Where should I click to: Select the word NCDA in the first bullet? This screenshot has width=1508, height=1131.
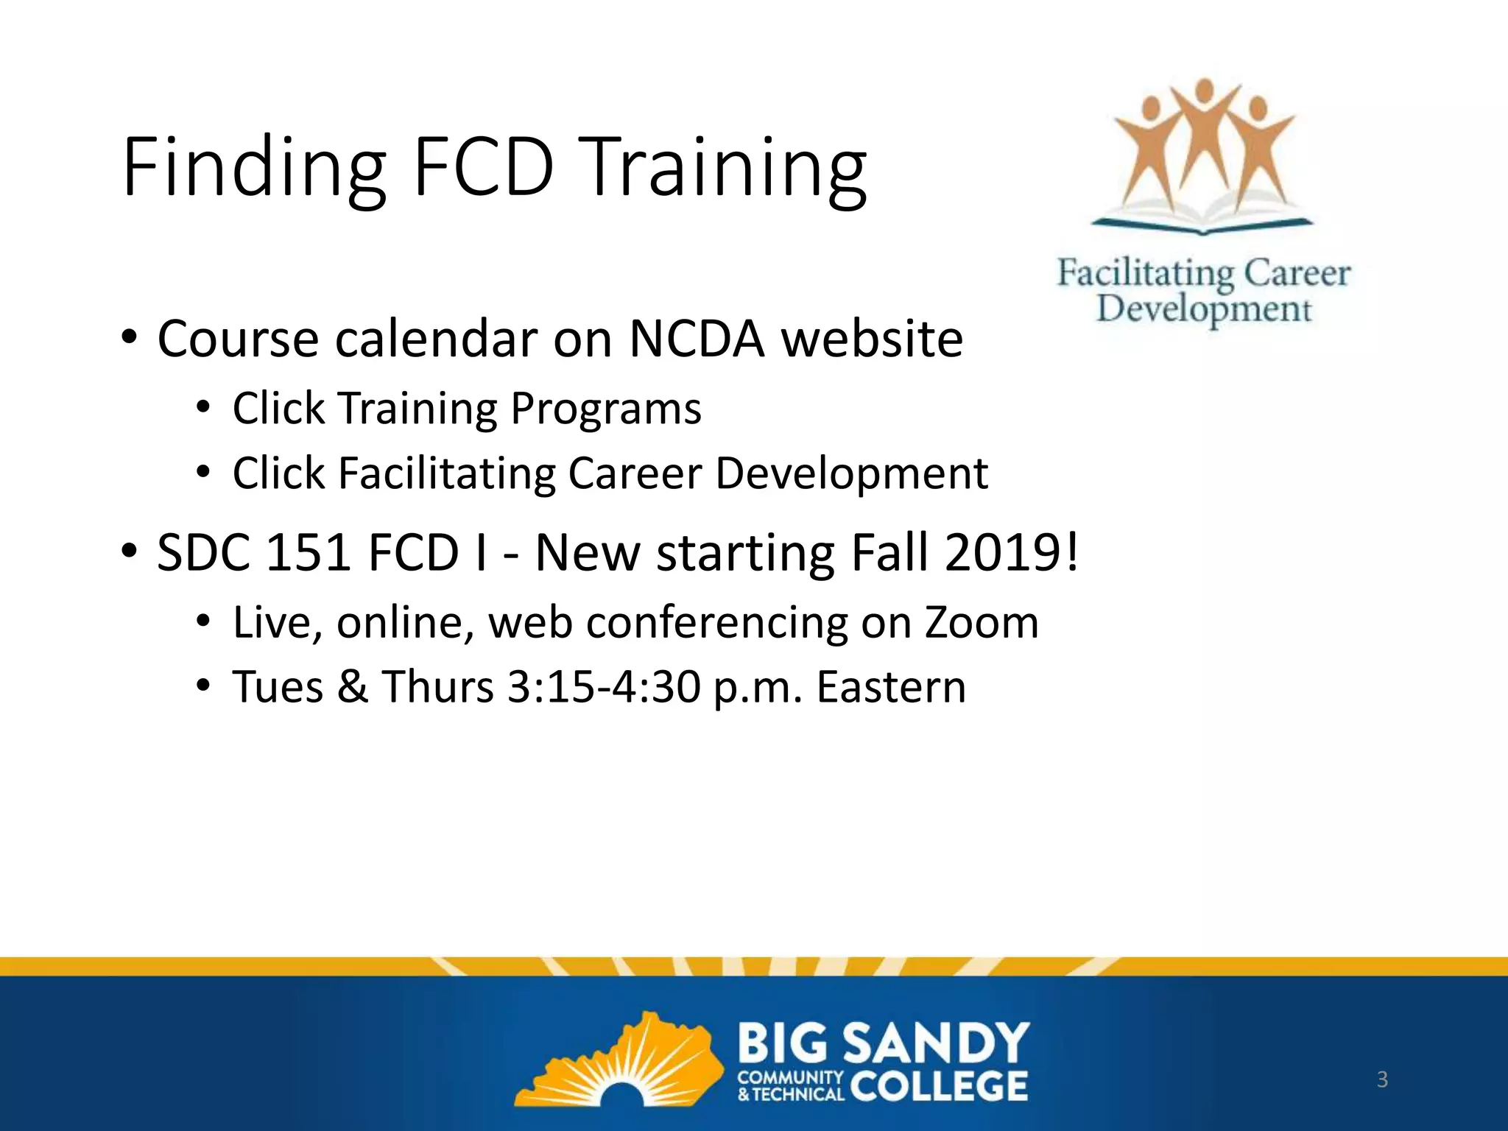[x=697, y=339]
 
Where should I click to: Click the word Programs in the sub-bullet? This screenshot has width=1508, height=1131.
[x=605, y=409]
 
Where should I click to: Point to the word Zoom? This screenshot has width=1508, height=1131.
[x=982, y=623]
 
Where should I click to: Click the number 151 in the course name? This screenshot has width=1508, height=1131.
[x=307, y=552]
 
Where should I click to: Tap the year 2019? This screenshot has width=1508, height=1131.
[x=1012, y=552]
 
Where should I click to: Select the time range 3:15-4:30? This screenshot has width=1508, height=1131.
[x=604, y=687]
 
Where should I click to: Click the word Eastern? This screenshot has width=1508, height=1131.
[x=891, y=687]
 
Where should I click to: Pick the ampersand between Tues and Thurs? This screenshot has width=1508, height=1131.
[x=353, y=687]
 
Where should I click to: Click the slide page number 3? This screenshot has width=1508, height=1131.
[x=1382, y=1079]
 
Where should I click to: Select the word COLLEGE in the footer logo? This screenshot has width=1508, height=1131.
[x=940, y=1085]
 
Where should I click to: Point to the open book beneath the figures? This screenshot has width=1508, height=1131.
[x=1202, y=214]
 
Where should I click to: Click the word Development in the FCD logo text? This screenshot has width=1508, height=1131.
[x=1204, y=309]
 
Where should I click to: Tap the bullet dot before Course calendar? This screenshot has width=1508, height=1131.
[x=130, y=339]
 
